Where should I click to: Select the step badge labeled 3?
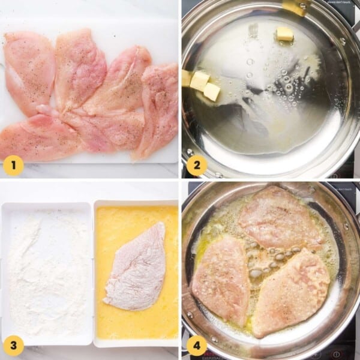point(13,346)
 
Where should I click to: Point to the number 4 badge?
point(196,346)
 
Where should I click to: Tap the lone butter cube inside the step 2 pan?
point(284,34)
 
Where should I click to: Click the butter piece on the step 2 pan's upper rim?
point(294,7)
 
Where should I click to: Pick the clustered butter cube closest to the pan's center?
point(212,91)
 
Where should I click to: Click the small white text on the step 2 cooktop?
point(339,2)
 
